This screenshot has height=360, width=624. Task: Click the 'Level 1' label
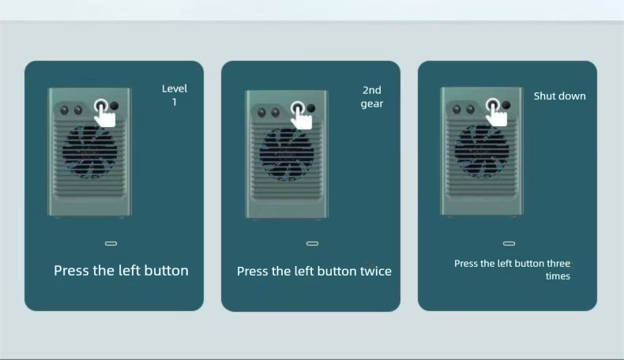[175, 95]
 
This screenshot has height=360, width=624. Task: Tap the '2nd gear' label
[372, 96]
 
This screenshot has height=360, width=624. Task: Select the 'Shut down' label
[559, 96]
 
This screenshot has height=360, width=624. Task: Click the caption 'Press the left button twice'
[314, 272]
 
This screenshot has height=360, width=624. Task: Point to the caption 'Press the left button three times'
[512, 269]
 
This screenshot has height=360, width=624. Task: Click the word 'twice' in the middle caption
[376, 272]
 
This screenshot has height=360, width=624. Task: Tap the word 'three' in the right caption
[558, 264]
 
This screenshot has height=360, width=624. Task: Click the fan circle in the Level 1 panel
[89, 152]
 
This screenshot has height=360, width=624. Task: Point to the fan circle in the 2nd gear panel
[287, 154]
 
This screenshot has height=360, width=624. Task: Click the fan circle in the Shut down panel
[482, 151]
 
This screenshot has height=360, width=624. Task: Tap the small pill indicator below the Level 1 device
[111, 243]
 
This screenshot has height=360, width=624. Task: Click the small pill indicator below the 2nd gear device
[313, 243]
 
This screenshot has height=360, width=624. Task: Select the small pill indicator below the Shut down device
[509, 243]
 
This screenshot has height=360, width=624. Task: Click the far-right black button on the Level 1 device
[115, 107]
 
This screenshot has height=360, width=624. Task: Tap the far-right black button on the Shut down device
[506, 105]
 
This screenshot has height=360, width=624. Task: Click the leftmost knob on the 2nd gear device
[261, 113]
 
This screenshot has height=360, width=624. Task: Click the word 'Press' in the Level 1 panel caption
[71, 271]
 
